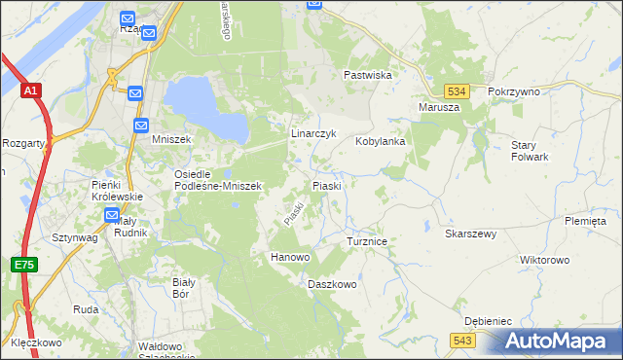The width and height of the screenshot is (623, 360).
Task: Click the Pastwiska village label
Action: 367,75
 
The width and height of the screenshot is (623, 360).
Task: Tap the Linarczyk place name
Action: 313,133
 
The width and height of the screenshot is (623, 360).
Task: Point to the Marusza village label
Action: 438,107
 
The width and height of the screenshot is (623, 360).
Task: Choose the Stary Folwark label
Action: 530,150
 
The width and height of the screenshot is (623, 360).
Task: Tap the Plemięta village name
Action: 584,221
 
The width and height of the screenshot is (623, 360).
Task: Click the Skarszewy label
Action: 471,234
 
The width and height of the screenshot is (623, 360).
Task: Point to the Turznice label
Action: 368,240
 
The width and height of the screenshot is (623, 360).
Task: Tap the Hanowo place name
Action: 289,257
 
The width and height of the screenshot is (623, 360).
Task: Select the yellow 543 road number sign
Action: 462,339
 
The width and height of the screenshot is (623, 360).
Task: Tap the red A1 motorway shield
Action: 30,91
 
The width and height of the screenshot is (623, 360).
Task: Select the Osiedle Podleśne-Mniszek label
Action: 217,180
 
